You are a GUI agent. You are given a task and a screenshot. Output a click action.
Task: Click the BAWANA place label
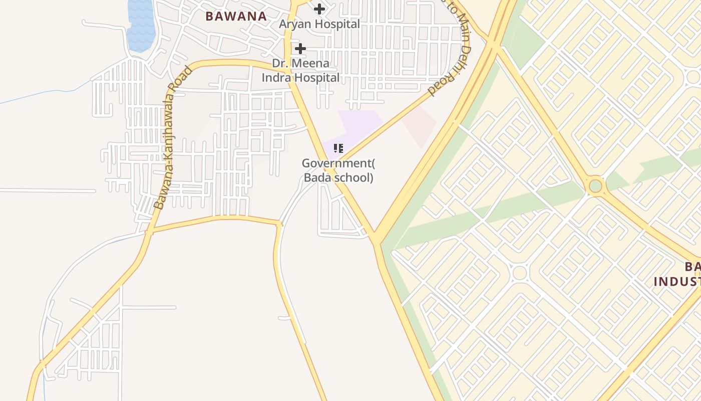pyautogui.click(x=236, y=16)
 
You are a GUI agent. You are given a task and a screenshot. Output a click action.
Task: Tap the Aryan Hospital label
pyautogui.click(x=319, y=24)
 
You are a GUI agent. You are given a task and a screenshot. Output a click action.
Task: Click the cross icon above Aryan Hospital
pyautogui.click(x=319, y=9)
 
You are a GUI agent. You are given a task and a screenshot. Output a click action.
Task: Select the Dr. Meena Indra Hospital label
pyautogui.click(x=300, y=71)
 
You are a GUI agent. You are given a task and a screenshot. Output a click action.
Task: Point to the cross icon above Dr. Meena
pyautogui.click(x=300, y=49)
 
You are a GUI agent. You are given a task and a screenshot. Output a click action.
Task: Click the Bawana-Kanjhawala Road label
pyautogui.click(x=173, y=137)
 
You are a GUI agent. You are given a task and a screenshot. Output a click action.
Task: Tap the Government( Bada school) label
pyautogui.click(x=338, y=170)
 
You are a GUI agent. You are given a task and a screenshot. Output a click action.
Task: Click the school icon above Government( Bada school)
pyautogui.click(x=338, y=148)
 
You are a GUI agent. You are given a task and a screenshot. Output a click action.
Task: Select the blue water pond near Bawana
pyautogui.click(x=141, y=25)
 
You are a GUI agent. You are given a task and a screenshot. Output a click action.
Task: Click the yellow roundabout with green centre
pyautogui.click(x=595, y=186)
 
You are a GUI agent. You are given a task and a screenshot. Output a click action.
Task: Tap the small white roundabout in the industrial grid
pyautogui.click(x=520, y=273)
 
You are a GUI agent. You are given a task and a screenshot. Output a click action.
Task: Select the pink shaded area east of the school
pyautogui.click(x=420, y=125)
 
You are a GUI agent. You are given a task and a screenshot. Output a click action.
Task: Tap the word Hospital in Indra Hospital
pyautogui.click(x=317, y=78)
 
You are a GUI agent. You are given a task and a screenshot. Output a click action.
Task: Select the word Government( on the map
pyautogui.click(x=338, y=163)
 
